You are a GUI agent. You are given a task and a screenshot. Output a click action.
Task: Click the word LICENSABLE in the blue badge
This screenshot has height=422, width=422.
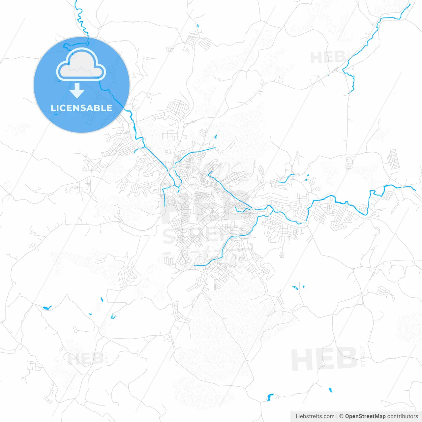click(81, 108)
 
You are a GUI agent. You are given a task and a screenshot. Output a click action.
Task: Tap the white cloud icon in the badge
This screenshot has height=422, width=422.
click(81, 65)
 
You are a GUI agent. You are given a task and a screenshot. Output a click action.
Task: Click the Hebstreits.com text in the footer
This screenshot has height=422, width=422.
click(315, 416)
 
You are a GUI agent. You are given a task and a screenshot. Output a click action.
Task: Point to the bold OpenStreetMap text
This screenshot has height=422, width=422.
click(365, 416)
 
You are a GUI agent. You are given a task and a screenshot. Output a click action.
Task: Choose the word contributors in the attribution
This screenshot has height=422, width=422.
click(403, 416)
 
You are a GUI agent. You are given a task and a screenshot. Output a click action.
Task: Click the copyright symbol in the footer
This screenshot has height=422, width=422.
click(342, 416)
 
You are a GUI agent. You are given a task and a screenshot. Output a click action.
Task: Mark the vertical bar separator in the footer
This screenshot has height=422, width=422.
click(337, 416)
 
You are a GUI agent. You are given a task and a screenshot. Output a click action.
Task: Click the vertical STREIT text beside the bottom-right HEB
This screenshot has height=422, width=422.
click(363, 356)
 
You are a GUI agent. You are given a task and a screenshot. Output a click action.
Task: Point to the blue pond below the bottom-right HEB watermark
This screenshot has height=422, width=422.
click(330, 390)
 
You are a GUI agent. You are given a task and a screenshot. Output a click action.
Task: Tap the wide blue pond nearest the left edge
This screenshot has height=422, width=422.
click(47, 308)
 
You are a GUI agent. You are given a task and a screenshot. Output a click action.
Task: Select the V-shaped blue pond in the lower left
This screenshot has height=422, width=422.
click(113, 316)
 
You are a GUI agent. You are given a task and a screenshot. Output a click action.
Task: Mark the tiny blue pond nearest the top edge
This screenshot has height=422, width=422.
click(198, 25)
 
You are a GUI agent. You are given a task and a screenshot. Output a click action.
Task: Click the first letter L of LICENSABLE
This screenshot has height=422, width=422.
click(53, 108)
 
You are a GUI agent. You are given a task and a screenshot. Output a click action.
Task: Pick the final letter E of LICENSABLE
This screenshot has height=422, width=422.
click(109, 108)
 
